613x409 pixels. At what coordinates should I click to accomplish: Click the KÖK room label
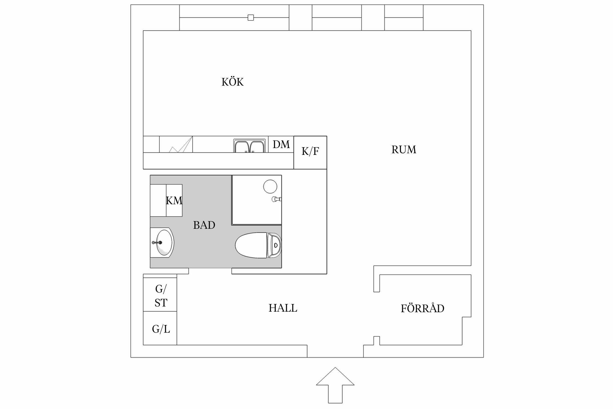[232, 82]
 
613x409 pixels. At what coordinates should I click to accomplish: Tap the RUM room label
[404, 150]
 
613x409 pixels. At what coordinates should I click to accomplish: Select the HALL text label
[283, 308]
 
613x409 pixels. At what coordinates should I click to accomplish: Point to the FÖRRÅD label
[422, 308]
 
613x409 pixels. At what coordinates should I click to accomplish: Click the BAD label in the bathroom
[204, 225]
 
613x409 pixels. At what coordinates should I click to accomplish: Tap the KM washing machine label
[174, 201]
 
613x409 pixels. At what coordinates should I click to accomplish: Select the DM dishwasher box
[281, 144]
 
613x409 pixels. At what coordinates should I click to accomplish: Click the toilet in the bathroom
[257, 245]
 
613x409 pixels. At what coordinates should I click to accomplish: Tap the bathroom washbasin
[163, 242]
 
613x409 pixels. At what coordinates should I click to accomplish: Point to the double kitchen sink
[249, 146]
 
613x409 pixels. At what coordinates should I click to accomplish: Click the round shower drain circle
[270, 187]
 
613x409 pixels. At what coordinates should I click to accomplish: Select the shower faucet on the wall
[276, 199]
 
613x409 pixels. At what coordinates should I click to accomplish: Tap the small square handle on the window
[251, 18]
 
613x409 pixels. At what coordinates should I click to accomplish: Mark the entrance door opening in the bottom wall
[335, 351]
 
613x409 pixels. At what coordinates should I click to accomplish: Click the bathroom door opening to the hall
[210, 271]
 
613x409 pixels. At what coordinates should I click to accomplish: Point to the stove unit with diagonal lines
[176, 144]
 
